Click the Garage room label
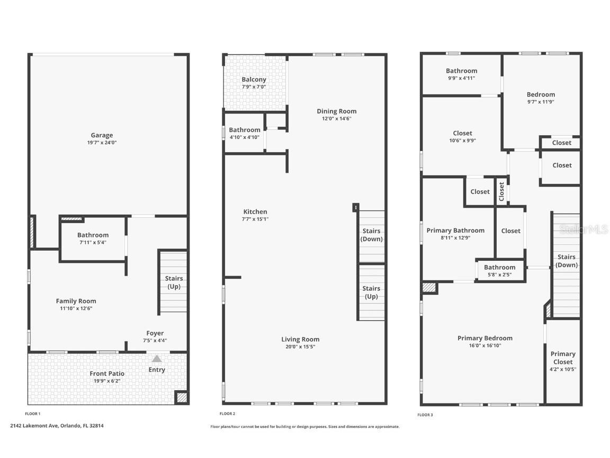102,135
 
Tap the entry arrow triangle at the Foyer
157,359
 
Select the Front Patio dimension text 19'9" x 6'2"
107,381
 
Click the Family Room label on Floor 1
76,301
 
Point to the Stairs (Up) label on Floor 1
174,282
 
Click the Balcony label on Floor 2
254,80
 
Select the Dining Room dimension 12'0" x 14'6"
337,118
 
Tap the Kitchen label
255,212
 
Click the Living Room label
300,339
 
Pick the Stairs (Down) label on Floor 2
371,235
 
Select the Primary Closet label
563,358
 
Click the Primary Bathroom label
455,231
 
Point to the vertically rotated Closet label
502,191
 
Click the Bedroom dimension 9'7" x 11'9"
541,102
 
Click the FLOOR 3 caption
425,415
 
